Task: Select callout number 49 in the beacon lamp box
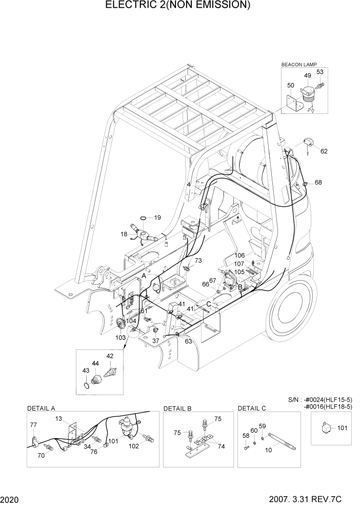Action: (308, 75)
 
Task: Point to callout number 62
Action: (324, 151)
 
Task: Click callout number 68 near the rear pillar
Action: (318, 183)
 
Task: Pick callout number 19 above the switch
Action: (157, 218)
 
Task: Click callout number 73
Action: (198, 261)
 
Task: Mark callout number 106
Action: (239, 255)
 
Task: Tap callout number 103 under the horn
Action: (119, 337)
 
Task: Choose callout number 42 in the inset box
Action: (110, 356)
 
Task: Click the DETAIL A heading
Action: (41, 408)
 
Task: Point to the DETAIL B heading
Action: (177, 408)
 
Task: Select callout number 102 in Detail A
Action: (133, 446)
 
